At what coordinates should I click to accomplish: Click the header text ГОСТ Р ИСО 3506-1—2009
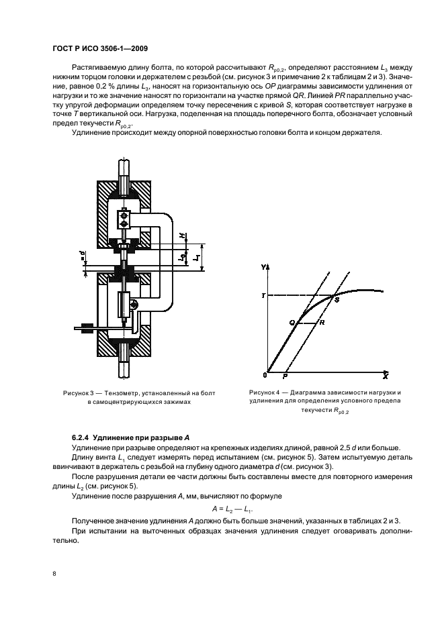point(99,48)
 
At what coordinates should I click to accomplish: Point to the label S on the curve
point(337,300)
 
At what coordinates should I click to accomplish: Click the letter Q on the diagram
point(292,323)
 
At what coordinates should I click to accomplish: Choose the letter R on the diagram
point(322,323)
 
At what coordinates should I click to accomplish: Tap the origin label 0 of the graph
point(265,375)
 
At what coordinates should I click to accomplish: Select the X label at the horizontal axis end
point(385,377)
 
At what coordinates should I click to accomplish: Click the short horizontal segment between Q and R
point(307,323)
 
